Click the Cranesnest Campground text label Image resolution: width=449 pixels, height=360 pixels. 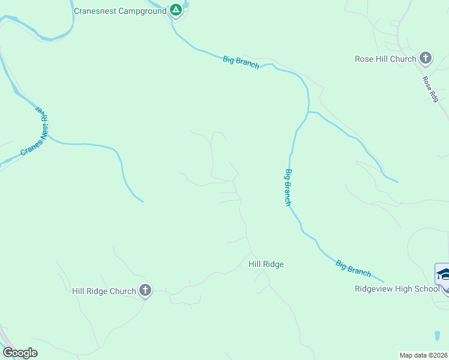coord(119,11)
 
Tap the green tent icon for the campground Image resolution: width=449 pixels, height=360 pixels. coord(175,10)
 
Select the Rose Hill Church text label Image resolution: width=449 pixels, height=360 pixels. coord(385,59)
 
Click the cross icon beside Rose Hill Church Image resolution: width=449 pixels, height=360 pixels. coord(426,58)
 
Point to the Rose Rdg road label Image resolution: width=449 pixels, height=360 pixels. coord(430,89)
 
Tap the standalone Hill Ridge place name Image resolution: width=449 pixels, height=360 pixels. coord(266,264)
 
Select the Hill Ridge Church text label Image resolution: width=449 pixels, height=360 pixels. coord(104,292)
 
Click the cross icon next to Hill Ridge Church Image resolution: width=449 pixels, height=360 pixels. coord(145,291)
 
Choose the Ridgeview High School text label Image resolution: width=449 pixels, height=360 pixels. coord(397,289)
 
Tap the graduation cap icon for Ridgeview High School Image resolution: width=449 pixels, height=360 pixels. coord(444,275)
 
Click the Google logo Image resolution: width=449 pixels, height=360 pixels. coord(20,353)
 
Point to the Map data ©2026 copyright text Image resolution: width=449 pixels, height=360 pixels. coord(423,355)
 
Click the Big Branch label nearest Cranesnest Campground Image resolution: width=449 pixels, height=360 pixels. coord(241,62)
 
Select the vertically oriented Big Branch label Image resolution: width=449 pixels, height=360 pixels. coord(288,188)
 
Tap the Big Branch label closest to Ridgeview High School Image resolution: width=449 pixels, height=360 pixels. coord(353,268)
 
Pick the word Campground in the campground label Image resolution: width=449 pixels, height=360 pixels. coord(141,11)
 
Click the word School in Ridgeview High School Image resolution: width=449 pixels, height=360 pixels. coord(429,289)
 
